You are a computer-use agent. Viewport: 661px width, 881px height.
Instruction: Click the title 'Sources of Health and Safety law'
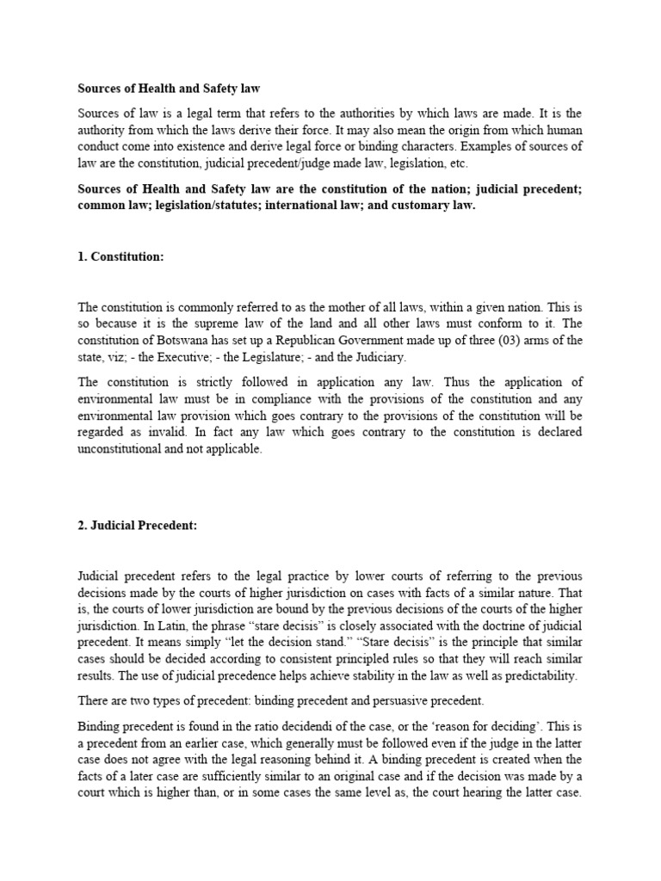click(x=169, y=89)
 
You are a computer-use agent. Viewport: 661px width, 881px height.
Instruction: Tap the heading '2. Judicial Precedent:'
click(x=138, y=527)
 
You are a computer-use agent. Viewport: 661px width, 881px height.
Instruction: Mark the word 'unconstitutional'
click(x=120, y=449)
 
